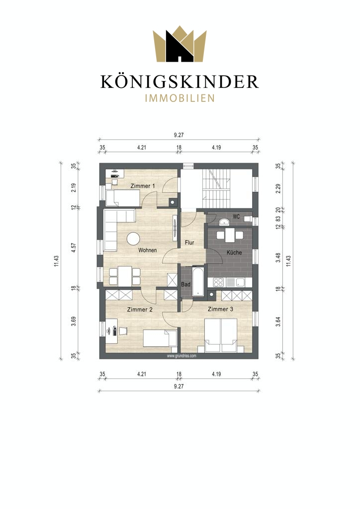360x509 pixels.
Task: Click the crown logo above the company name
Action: click(x=180, y=44)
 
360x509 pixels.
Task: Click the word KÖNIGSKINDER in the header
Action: click(x=180, y=82)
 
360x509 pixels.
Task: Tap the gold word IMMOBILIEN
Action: click(x=180, y=98)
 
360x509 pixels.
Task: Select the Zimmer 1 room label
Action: click(x=143, y=186)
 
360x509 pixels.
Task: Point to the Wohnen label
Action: click(x=148, y=250)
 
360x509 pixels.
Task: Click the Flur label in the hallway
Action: click(x=189, y=243)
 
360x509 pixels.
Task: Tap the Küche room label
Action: click(x=234, y=252)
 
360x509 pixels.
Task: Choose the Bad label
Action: click(x=185, y=284)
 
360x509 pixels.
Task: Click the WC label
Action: click(x=236, y=216)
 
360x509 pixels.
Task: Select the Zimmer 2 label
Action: click(x=140, y=309)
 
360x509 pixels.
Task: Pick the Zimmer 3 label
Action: click(x=220, y=309)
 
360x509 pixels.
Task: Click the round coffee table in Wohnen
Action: click(x=133, y=239)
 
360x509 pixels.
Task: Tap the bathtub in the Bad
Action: click(x=198, y=281)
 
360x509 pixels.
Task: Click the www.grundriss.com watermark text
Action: click(x=181, y=356)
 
